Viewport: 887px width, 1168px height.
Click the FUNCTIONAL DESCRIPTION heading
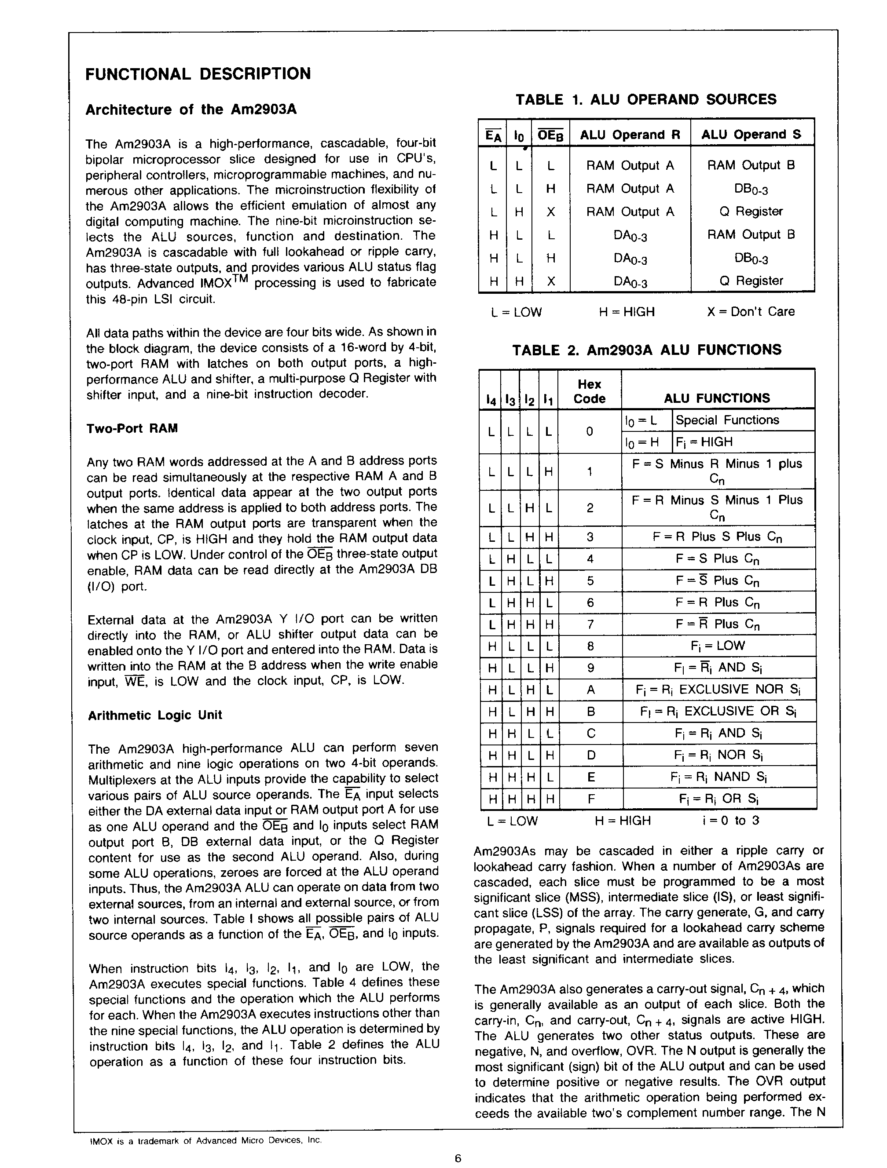[x=198, y=74]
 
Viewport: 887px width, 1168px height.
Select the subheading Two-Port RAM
[x=132, y=428]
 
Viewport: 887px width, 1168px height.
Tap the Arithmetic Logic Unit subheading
[x=155, y=715]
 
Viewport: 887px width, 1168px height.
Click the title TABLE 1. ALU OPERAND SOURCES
[x=645, y=100]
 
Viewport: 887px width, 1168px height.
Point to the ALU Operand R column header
[x=630, y=135]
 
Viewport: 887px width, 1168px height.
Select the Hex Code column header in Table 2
[x=589, y=391]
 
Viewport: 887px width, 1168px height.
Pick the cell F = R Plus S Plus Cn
[x=718, y=537]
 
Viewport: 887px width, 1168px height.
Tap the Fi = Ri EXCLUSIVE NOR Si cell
[x=718, y=690]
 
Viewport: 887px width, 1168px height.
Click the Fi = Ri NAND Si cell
[x=718, y=777]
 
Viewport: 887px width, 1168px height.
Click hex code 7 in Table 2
[x=590, y=624]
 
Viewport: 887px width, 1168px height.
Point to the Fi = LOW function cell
[x=718, y=646]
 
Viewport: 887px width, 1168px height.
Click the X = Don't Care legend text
[x=750, y=311]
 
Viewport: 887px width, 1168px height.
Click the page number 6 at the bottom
[x=458, y=1158]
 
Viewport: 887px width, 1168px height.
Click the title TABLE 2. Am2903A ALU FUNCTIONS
[x=647, y=350]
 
